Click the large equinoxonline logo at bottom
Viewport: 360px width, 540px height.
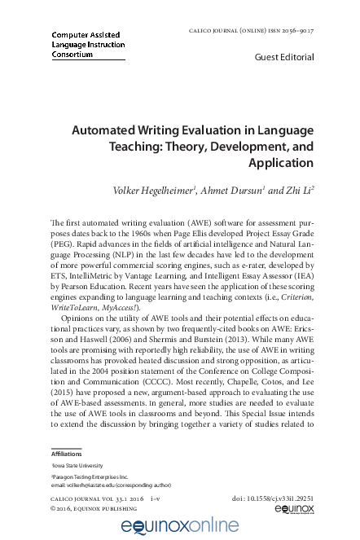[x=180, y=525]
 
